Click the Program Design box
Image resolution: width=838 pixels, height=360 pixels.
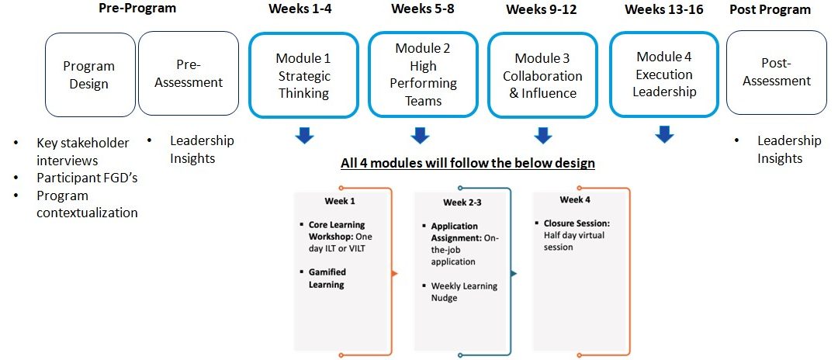[89, 75]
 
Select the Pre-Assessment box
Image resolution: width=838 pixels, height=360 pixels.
[189, 73]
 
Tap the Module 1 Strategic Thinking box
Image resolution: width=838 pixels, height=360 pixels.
[303, 75]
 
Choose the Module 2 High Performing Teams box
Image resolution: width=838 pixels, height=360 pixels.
[423, 74]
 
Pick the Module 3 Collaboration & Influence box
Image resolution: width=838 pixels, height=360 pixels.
[542, 75]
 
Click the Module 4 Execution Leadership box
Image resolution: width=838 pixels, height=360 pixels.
[663, 74]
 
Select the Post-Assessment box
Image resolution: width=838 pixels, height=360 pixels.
[777, 72]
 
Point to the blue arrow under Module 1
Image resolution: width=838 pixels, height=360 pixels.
[304, 135]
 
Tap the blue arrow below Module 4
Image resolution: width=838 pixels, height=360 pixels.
[664, 134]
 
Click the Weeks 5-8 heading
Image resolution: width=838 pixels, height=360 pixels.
[422, 9]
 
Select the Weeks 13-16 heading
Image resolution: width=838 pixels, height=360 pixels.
[663, 9]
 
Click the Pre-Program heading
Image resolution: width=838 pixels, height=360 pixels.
[137, 8]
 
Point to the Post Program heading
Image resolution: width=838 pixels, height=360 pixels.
[770, 9]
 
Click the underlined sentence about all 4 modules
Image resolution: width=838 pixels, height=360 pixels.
[468, 162]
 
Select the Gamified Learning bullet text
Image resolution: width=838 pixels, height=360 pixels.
[327, 278]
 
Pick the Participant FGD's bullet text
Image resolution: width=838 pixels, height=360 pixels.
[87, 178]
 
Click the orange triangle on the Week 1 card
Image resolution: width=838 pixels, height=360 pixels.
[395, 273]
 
